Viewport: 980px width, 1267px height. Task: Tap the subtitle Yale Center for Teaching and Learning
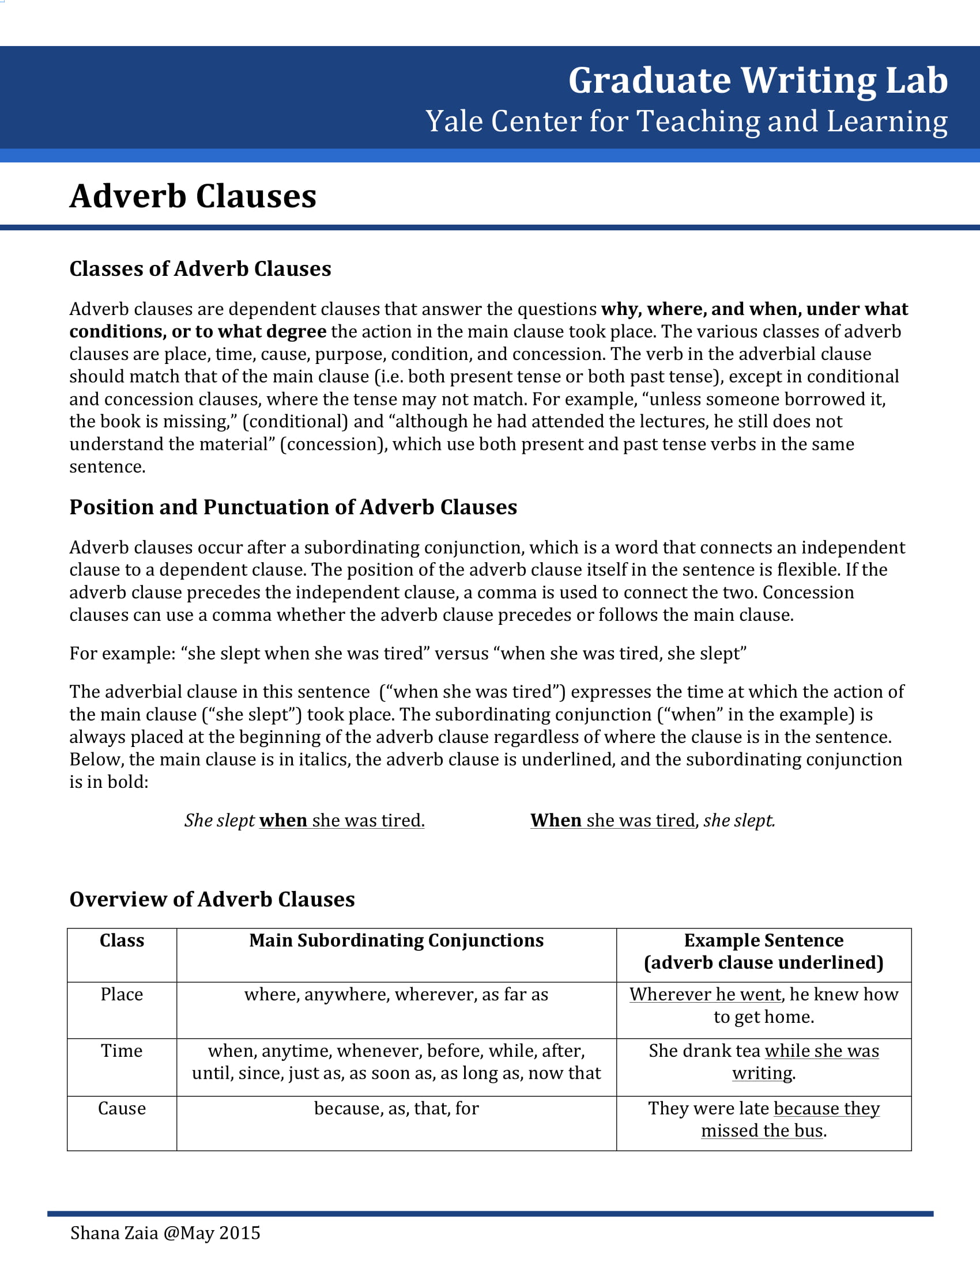coord(686,122)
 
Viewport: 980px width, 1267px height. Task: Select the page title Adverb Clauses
coord(193,196)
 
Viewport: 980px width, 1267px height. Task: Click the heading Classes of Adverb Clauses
coord(200,268)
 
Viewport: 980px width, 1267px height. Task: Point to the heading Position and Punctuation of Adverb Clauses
coord(293,507)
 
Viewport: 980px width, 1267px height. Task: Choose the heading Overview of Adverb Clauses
coord(212,899)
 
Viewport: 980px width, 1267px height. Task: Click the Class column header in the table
coord(122,940)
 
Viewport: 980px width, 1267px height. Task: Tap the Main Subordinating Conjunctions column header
coord(397,940)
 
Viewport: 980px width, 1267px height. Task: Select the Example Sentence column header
coord(763,951)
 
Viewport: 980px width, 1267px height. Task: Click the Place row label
coord(122,995)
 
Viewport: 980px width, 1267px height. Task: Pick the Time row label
coord(122,1050)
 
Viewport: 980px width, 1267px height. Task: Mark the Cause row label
coord(122,1108)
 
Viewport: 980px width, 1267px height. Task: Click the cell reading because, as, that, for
coord(397,1108)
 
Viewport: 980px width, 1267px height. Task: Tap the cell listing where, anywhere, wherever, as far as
coord(397,995)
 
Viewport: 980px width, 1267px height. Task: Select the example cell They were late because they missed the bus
coord(763,1119)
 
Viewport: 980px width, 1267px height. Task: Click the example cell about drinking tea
coord(763,1061)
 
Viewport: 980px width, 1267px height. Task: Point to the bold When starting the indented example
coord(556,820)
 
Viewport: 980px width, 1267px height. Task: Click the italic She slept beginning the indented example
coord(220,820)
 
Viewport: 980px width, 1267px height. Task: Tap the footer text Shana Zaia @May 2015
coord(165,1233)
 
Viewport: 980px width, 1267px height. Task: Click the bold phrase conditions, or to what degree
coord(197,331)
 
